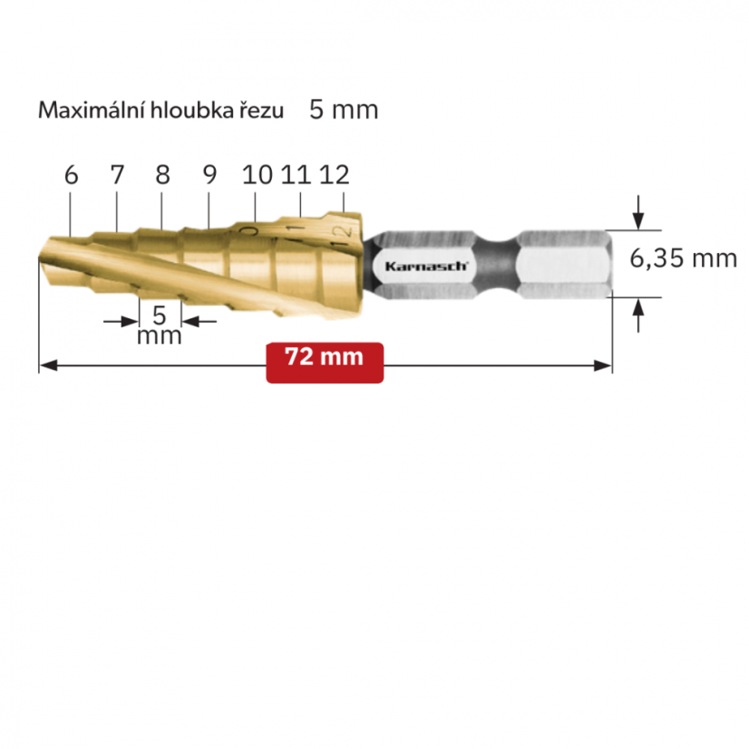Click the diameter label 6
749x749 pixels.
pyautogui.click(x=72, y=175)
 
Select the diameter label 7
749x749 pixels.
pyautogui.click(x=117, y=175)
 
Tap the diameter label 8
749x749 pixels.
pyautogui.click(x=162, y=175)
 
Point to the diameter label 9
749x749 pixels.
pyautogui.click(x=209, y=175)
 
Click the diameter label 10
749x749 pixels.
pyautogui.click(x=258, y=175)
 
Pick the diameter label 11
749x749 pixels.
pyautogui.click(x=297, y=175)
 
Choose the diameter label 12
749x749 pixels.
pyautogui.click(x=335, y=175)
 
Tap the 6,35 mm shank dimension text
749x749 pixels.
pyautogui.click(x=683, y=258)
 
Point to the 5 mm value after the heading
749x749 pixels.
pyautogui.click(x=344, y=110)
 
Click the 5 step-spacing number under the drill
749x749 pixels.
pyautogui.click(x=160, y=316)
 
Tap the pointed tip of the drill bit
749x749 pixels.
pyautogui.click(x=42, y=263)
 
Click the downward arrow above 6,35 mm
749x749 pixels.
pyautogui.click(x=639, y=216)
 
